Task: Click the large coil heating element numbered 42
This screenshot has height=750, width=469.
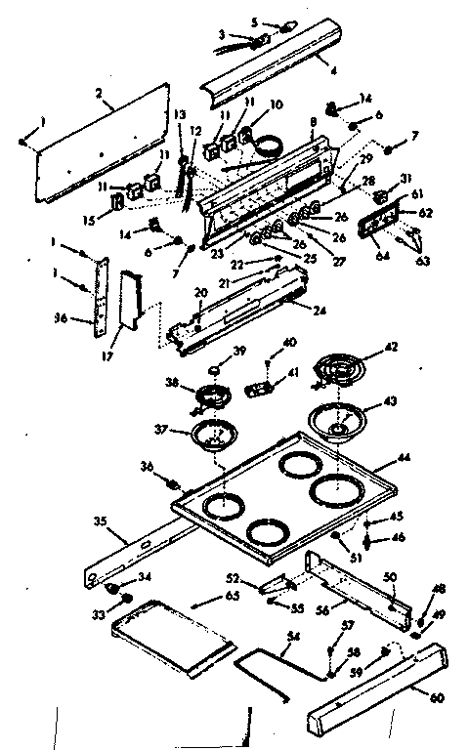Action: click(x=337, y=372)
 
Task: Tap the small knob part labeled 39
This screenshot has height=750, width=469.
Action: click(x=213, y=365)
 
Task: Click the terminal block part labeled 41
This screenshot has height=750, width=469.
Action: click(x=259, y=390)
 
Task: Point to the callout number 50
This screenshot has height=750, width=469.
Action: click(x=389, y=579)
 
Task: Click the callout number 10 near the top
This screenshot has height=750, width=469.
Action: click(x=275, y=104)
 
